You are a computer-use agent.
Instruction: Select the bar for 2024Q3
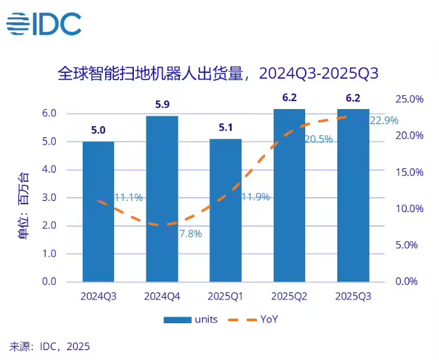[98, 211]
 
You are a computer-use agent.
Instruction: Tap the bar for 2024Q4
[162, 198]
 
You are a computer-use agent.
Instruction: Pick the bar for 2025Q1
[226, 210]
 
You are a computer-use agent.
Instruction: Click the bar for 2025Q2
[289, 194]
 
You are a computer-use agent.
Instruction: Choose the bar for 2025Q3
[353, 194]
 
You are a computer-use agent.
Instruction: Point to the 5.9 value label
[162, 104]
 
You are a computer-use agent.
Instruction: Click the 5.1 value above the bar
[226, 127]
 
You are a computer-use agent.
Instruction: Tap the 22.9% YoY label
[385, 120]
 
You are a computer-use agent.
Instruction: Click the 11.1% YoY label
[129, 197]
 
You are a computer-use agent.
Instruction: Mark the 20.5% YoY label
[318, 139]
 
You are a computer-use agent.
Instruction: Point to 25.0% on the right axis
[409, 99]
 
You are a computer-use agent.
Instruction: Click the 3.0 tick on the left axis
[66, 198]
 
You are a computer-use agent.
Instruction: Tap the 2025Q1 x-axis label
[226, 296]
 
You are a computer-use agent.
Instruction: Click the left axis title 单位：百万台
[24, 198]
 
